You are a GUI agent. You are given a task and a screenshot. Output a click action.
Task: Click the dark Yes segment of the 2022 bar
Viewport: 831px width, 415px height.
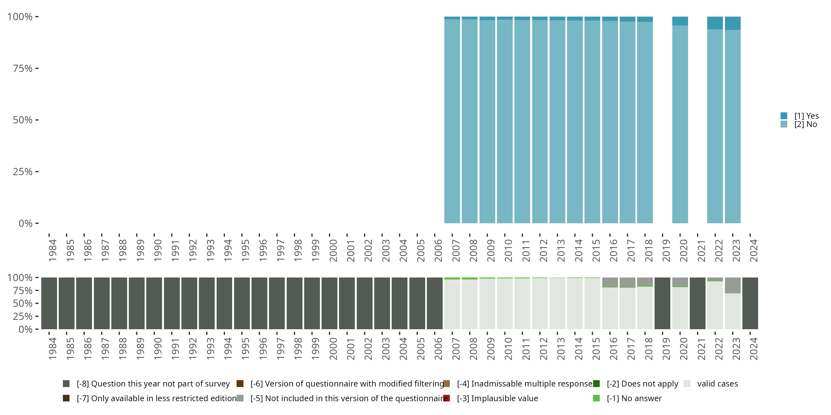click(715, 23)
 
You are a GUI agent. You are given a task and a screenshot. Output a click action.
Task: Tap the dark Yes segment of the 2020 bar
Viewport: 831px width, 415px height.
click(680, 21)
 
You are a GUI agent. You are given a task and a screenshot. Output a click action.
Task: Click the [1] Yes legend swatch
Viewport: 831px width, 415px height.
click(784, 116)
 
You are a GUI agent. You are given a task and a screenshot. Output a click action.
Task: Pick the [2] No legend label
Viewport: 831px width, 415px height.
click(806, 124)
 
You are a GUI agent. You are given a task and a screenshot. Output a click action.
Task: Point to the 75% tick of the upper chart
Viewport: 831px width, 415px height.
click(37, 68)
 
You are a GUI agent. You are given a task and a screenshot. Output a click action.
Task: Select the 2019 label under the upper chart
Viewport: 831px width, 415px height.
click(666, 250)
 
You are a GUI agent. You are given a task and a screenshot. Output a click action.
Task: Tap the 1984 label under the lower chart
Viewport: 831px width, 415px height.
click(53, 349)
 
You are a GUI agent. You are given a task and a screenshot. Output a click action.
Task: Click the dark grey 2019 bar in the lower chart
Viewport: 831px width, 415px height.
click(662, 303)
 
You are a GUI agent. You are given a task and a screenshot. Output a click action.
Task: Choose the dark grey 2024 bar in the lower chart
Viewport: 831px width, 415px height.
click(750, 303)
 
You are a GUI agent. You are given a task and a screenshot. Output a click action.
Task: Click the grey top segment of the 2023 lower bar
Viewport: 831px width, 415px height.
click(733, 285)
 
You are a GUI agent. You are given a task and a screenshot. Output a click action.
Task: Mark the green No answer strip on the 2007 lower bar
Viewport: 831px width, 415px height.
click(452, 278)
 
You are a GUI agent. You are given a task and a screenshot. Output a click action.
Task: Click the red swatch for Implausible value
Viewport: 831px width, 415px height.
click(447, 398)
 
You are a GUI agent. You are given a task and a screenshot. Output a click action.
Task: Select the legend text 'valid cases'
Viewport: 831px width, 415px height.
click(717, 384)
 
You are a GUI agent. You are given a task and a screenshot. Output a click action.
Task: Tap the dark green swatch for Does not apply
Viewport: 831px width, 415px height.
click(596, 384)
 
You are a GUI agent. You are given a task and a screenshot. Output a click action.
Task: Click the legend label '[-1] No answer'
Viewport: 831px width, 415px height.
click(634, 398)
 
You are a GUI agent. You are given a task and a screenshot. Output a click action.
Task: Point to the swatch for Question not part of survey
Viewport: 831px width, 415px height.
click(66, 384)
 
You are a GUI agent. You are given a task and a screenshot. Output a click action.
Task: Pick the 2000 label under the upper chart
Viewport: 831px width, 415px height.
click(333, 250)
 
